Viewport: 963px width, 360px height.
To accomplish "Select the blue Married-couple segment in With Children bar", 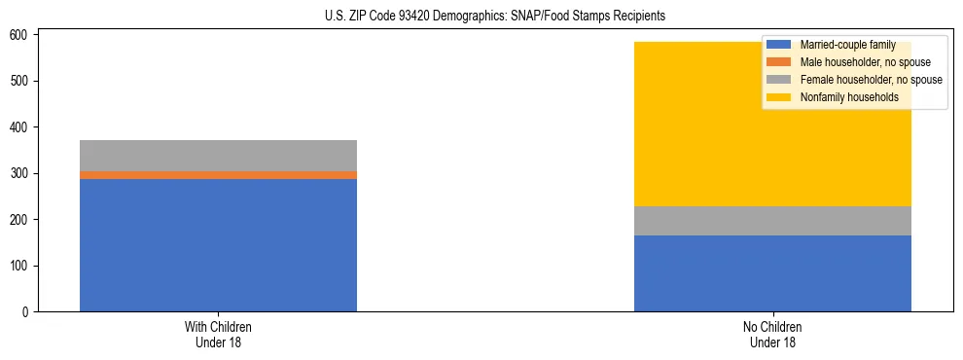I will [x=218, y=245].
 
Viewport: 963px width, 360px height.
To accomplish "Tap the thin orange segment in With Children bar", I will [x=218, y=175].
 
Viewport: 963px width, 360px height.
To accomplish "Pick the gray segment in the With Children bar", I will [x=218, y=156].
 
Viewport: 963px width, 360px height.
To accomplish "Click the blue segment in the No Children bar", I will [x=772, y=273].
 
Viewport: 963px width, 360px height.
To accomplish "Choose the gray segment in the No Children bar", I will [x=772, y=221].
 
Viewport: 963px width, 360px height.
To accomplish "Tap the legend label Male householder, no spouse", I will [x=865, y=62].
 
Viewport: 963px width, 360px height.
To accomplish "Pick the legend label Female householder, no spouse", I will [x=871, y=80].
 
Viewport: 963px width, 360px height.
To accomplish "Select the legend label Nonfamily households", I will [x=848, y=97].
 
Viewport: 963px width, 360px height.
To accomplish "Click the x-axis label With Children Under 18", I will [x=218, y=335].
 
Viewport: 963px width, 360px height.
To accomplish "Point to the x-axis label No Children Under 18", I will [x=772, y=335].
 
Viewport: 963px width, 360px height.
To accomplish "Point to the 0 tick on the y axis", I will [x=26, y=312].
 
